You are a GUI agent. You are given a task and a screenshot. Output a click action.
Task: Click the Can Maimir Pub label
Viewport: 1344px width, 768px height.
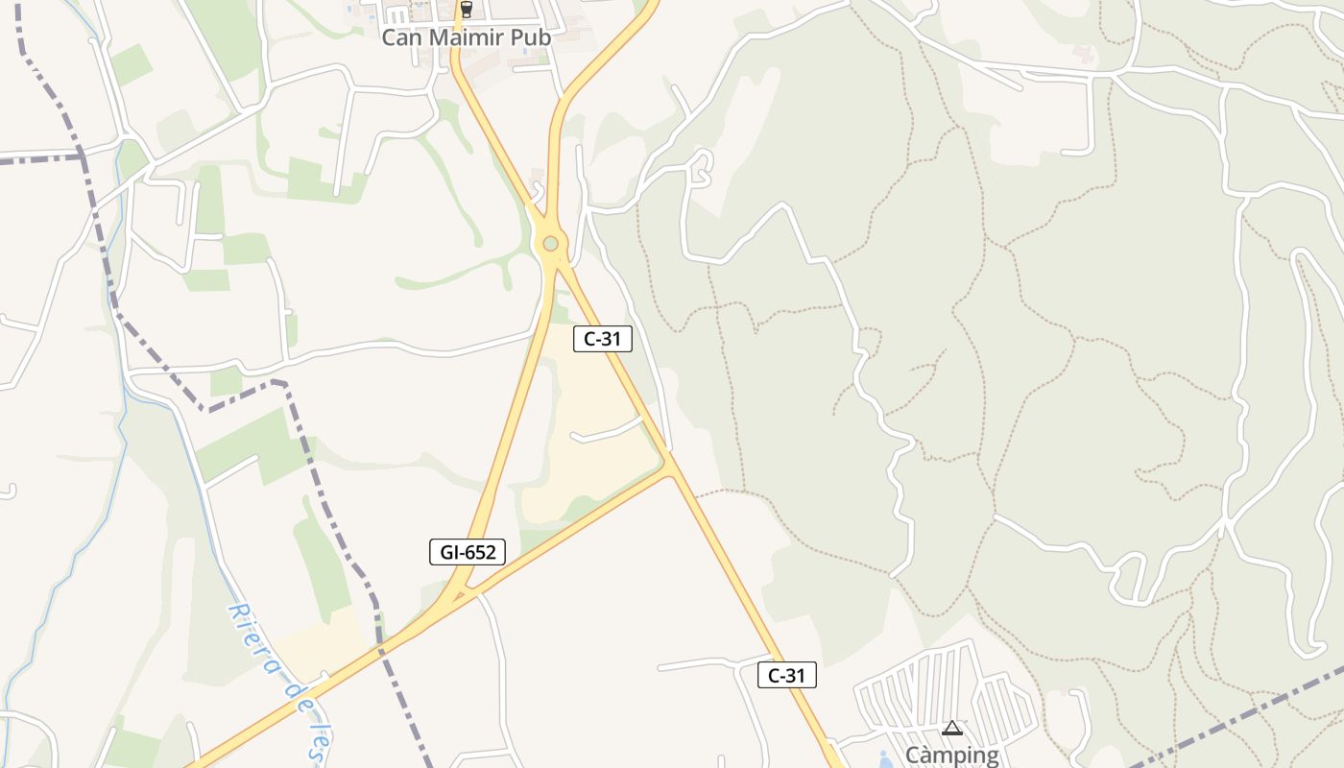(x=466, y=37)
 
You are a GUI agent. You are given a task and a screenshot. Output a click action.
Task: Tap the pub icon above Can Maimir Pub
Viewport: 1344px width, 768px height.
(x=467, y=10)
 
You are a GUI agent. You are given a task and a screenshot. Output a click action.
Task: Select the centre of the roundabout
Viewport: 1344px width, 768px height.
(x=550, y=244)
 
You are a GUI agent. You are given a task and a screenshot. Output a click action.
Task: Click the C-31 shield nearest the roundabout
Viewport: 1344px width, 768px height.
(x=603, y=338)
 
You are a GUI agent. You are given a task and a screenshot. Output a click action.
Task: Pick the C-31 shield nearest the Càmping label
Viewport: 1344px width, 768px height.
(x=787, y=675)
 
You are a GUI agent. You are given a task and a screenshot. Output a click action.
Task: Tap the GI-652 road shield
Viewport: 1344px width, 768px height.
(x=467, y=552)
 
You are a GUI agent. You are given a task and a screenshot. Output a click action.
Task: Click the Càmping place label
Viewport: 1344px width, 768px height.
(x=951, y=756)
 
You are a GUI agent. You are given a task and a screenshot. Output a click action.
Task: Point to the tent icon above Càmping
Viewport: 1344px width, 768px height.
(x=951, y=729)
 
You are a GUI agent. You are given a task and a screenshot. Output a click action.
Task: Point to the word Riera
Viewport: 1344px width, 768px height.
(x=252, y=637)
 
